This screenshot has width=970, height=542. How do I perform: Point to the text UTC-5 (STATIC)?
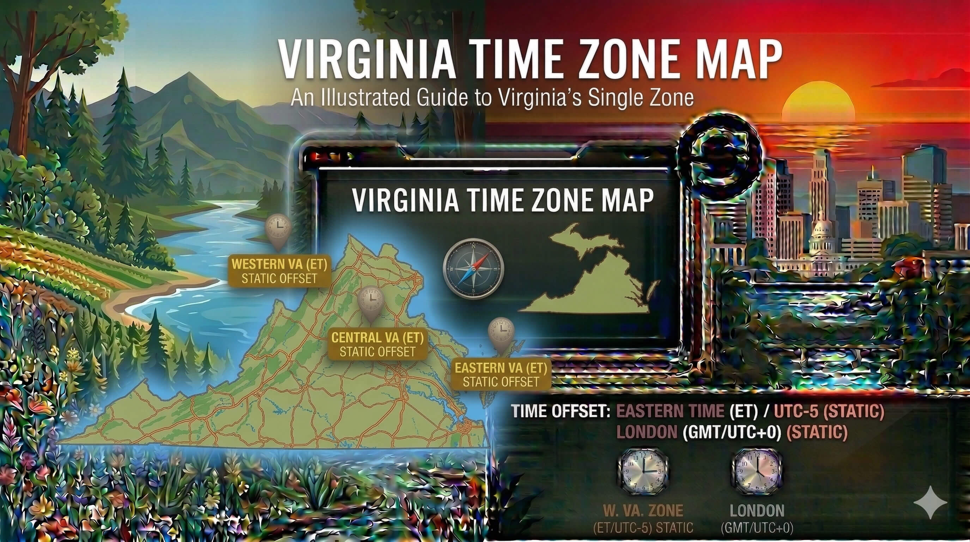coord(829,410)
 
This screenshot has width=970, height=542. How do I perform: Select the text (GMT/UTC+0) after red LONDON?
coord(732,432)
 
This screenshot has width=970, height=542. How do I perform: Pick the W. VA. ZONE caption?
coord(643,511)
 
